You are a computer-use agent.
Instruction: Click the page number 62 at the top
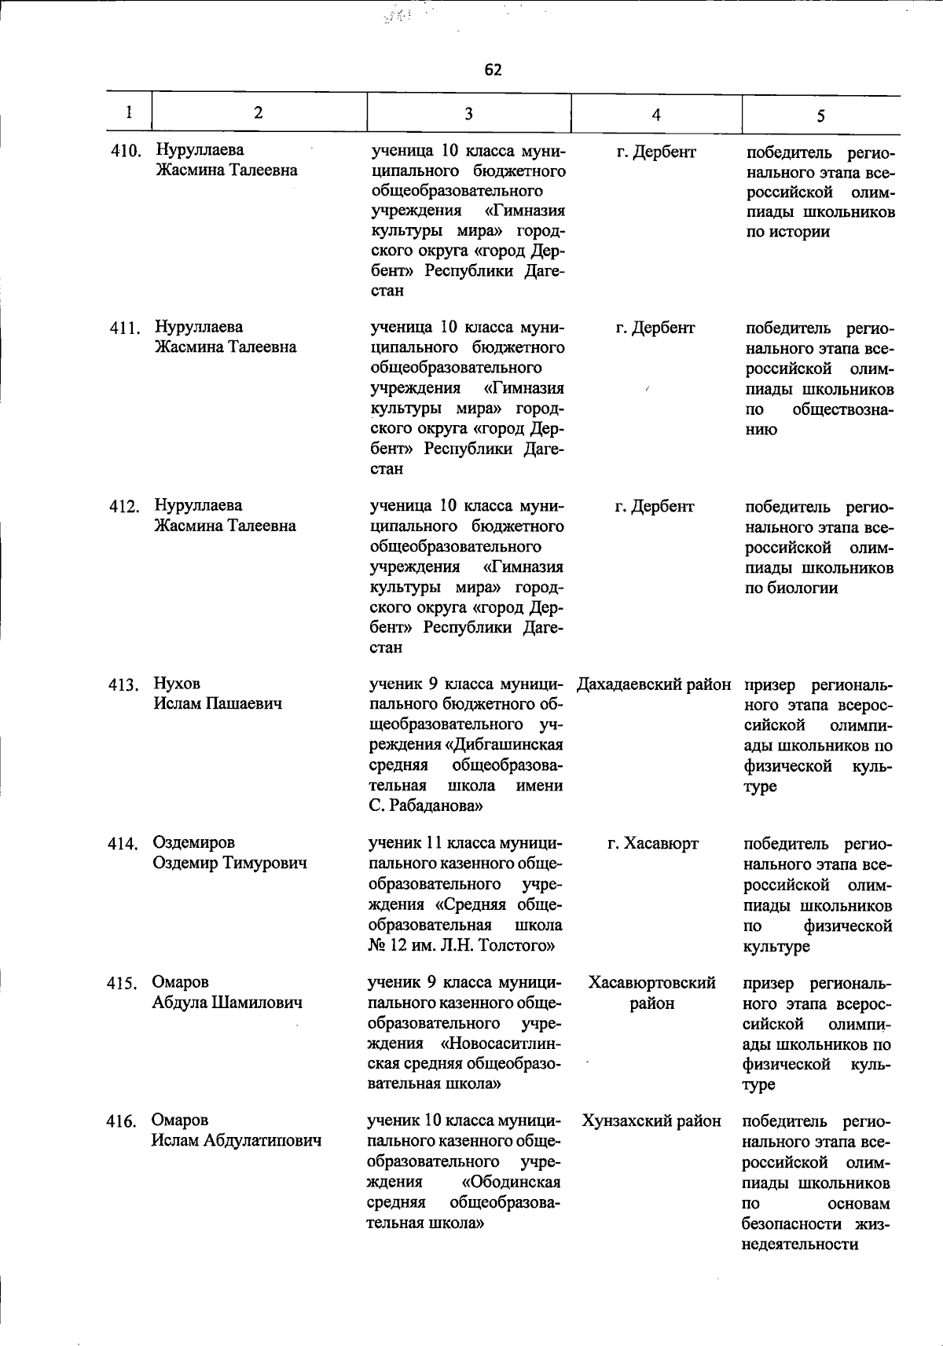click(493, 70)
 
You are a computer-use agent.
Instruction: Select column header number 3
click(468, 114)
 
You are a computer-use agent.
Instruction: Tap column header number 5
click(820, 116)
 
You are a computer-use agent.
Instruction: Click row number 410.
click(126, 151)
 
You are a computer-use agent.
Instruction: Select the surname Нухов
click(177, 684)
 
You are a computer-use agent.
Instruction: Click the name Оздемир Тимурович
click(229, 864)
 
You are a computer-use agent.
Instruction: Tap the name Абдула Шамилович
click(227, 1003)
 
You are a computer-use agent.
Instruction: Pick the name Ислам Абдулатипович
click(236, 1141)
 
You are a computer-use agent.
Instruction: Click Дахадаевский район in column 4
click(654, 684)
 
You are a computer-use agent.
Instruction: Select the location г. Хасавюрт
click(653, 844)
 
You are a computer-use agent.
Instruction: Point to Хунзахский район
click(651, 1121)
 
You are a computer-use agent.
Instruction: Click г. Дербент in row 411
click(655, 328)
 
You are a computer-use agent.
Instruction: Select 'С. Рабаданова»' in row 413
click(425, 806)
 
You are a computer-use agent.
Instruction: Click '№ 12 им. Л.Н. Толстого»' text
click(461, 945)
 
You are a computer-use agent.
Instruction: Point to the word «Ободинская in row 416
click(511, 1183)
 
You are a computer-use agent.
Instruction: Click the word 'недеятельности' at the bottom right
click(799, 1245)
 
